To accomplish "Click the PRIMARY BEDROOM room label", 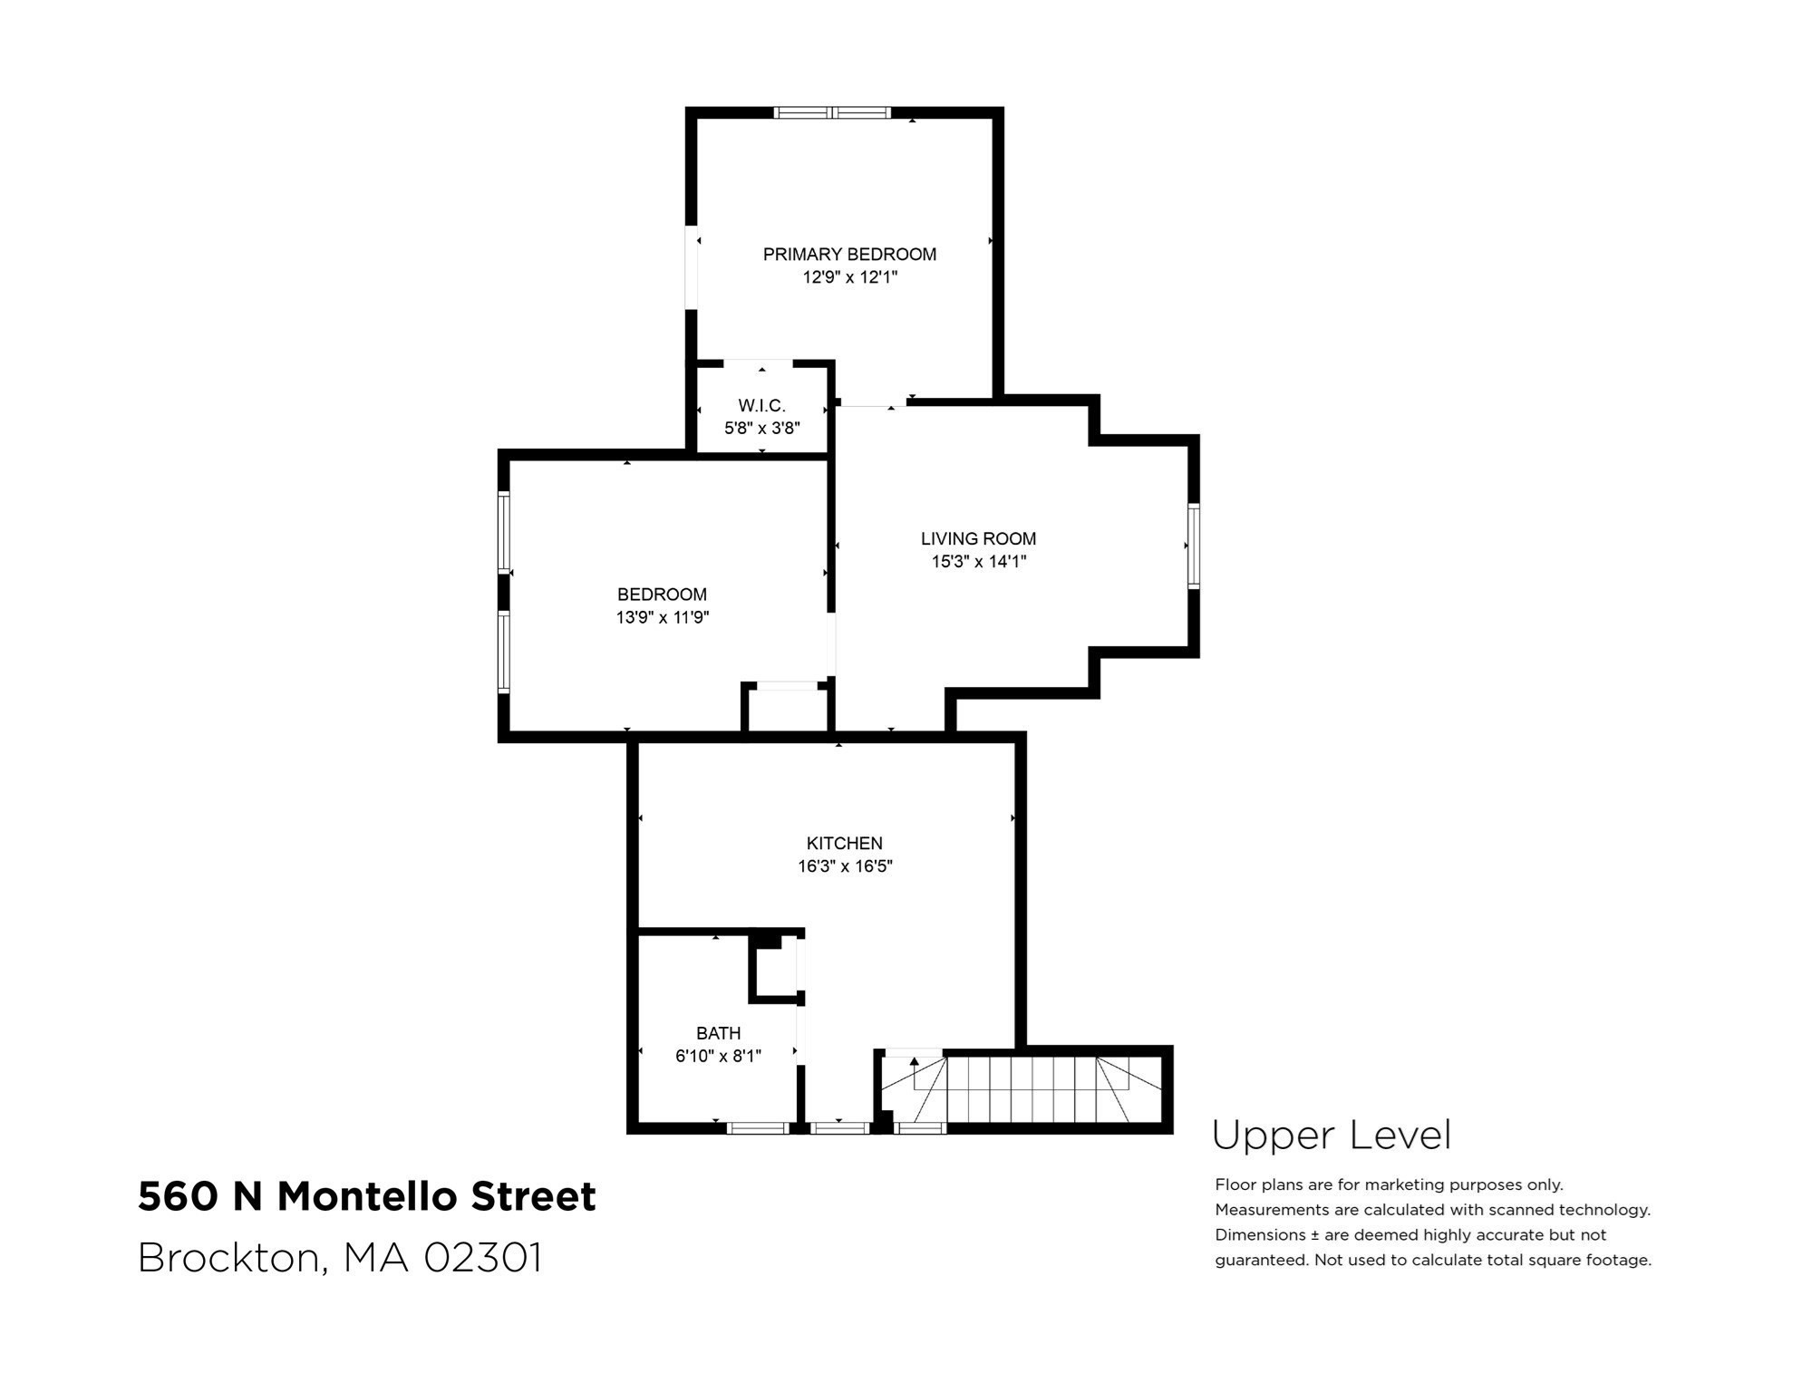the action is tap(849, 255).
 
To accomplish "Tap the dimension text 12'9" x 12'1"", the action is tap(849, 277).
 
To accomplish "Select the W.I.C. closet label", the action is tap(761, 406).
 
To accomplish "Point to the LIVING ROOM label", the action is tap(978, 539).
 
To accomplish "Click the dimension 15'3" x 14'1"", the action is tap(978, 562).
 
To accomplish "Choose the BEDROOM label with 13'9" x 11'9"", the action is tap(662, 595).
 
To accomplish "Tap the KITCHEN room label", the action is tap(845, 844).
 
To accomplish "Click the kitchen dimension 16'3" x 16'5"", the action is tap(845, 866).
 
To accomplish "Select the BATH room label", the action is tap(718, 1034).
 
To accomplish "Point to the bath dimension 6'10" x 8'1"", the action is tap(718, 1057).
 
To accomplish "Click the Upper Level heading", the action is tap(1331, 1136).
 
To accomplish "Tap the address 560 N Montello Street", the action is tap(367, 1196).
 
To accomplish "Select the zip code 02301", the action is tap(483, 1258).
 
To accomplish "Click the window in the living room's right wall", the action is tap(1193, 546).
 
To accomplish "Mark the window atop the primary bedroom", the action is tap(832, 113).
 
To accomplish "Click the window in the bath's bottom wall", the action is tap(758, 1128).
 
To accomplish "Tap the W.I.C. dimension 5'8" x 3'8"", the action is tap(761, 429).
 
